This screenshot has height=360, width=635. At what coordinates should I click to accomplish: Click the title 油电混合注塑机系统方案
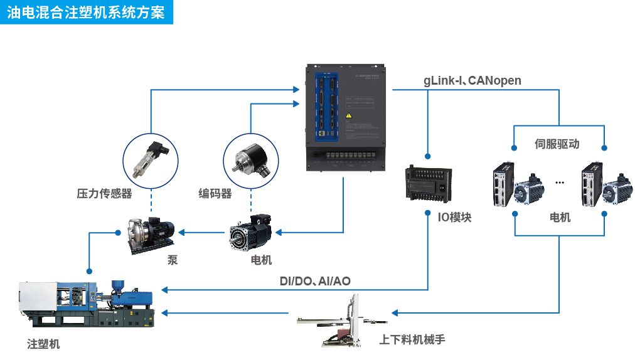coord(86,13)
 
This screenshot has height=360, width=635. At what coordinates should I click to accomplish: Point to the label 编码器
coord(215,194)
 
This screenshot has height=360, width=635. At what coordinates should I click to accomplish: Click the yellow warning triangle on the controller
coord(350,115)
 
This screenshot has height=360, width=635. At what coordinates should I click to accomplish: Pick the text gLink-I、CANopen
coord(472,80)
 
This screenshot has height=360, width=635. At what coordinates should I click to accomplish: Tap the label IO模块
coord(454,218)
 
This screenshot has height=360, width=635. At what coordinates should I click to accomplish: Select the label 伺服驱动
coord(557,144)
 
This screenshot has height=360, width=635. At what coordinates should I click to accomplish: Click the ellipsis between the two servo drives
coord(560,183)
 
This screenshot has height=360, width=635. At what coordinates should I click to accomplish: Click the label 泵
coord(173,260)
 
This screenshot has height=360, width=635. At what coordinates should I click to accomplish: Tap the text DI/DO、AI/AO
coord(315,282)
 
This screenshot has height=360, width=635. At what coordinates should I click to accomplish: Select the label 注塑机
coord(44,344)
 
